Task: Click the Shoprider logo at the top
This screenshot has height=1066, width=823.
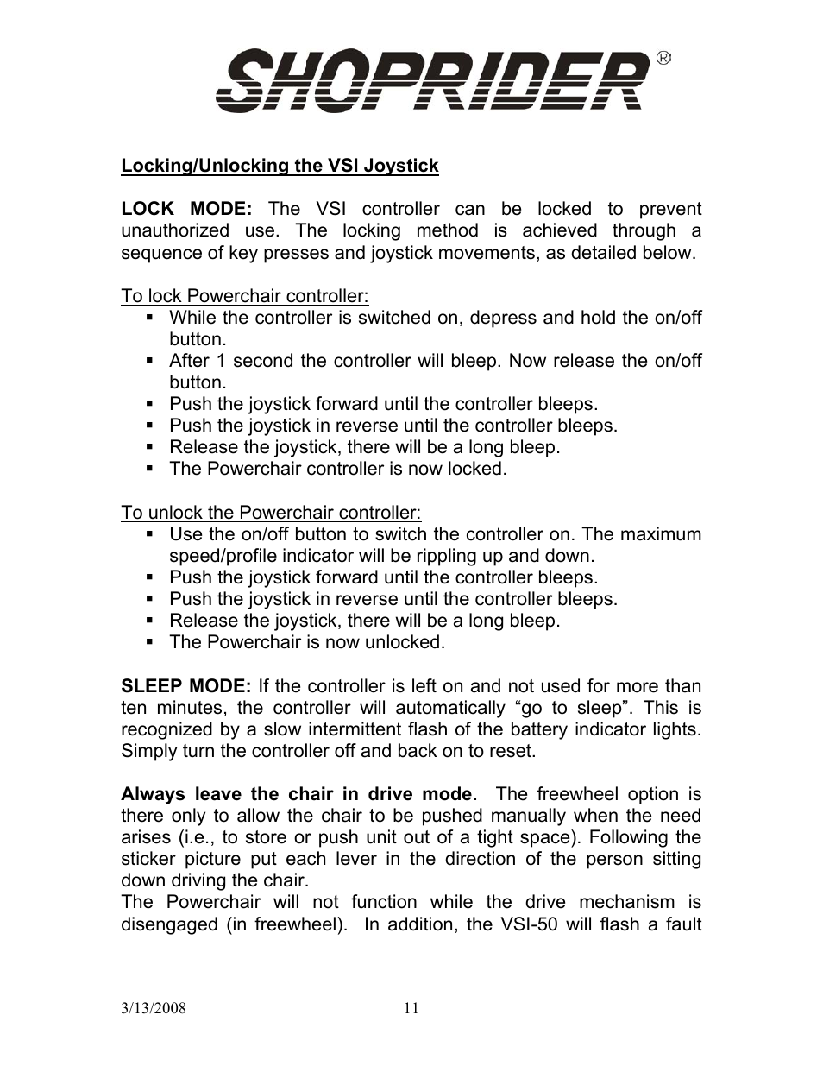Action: (x=431, y=80)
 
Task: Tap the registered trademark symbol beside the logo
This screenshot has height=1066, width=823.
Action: (x=663, y=59)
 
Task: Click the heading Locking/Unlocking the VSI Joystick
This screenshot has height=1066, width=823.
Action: (x=280, y=166)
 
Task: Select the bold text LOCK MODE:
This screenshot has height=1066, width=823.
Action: (x=185, y=209)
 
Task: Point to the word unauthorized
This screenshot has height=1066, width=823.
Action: (x=174, y=230)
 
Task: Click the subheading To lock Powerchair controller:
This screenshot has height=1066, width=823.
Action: (x=244, y=296)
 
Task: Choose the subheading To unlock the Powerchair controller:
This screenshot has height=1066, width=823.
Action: (x=271, y=513)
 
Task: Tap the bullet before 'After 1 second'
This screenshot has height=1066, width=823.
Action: (x=150, y=361)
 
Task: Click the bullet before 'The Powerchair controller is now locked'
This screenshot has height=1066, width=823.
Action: (x=150, y=469)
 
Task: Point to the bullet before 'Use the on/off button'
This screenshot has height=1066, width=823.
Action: (x=150, y=534)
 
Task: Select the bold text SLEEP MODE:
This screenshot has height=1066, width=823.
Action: (x=185, y=686)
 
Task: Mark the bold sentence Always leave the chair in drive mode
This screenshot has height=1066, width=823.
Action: (x=298, y=794)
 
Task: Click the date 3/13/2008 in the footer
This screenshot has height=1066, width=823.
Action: (x=153, y=1008)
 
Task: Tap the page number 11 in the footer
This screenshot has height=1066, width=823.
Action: (x=411, y=1008)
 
